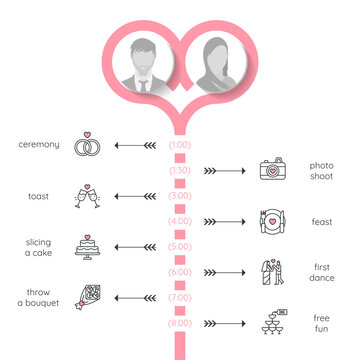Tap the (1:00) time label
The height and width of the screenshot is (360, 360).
point(180,145)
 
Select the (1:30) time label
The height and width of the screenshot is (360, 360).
point(180,170)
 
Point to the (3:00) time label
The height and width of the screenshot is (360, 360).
point(180,196)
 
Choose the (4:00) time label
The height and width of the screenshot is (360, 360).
point(180,221)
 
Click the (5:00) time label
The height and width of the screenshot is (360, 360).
point(180,246)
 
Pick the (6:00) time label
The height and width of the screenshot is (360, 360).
point(180,272)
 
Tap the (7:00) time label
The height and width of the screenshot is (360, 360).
point(180,297)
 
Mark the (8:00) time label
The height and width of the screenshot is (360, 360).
point(180,322)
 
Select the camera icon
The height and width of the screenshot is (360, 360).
point(271,170)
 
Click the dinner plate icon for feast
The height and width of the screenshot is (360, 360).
point(271,221)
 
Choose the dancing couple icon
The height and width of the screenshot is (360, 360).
point(271,272)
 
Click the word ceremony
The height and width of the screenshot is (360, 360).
point(39,145)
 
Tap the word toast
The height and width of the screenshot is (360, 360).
point(39,196)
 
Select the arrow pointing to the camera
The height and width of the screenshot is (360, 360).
point(224,171)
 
